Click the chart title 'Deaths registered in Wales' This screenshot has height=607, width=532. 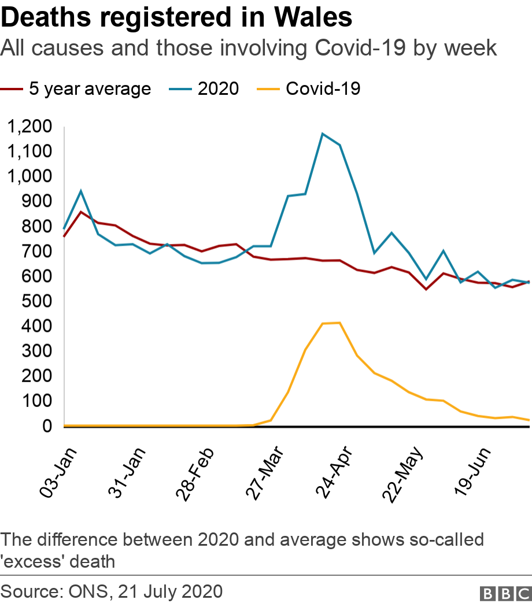click(176, 18)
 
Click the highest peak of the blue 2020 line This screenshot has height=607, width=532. click(322, 134)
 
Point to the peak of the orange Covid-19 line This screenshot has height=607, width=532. click(339, 323)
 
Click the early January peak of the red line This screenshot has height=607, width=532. click(81, 212)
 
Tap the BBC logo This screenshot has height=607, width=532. click(505, 593)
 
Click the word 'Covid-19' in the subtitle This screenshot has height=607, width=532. click(361, 49)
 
